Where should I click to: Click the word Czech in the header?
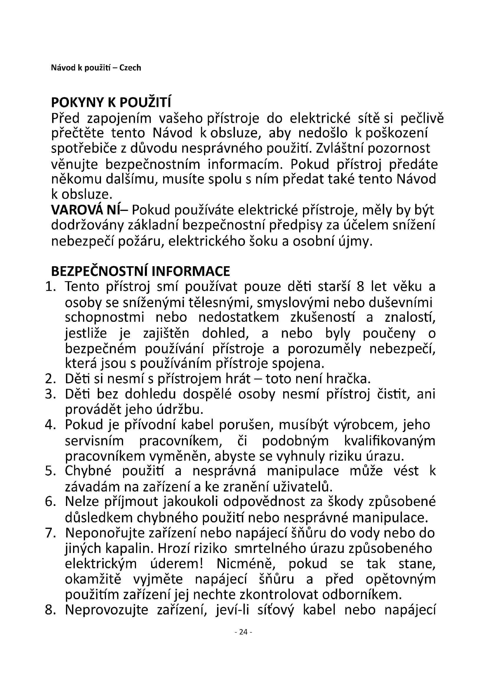point(130,68)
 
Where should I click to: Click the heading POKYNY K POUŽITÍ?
point(111,103)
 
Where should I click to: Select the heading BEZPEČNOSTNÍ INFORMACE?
point(140,271)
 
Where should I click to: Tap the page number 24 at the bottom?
point(243,632)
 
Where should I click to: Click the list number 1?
point(50,287)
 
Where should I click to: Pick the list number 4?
point(50,425)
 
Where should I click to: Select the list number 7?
point(50,533)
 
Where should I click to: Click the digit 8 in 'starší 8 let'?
point(360,287)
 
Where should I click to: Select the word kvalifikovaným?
point(390,441)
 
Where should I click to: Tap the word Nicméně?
point(246,564)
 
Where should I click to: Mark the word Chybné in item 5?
point(88,471)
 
